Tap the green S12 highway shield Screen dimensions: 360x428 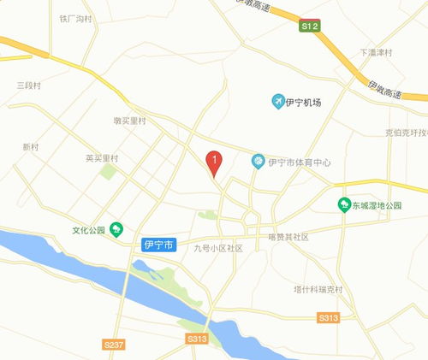[x=309, y=28]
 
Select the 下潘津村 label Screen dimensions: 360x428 [x=376, y=52]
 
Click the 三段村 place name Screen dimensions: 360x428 [x=30, y=86]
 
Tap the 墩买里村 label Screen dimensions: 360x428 [x=131, y=121]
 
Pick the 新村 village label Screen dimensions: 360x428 [x=31, y=147]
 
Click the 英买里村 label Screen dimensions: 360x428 [x=102, y=158]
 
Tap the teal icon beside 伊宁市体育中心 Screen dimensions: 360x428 [x=257, y=162]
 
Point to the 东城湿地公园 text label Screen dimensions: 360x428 [x=381, y=206]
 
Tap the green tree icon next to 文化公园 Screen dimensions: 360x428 [x=117, y=229]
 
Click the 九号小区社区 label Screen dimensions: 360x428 [x=218, y=249]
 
